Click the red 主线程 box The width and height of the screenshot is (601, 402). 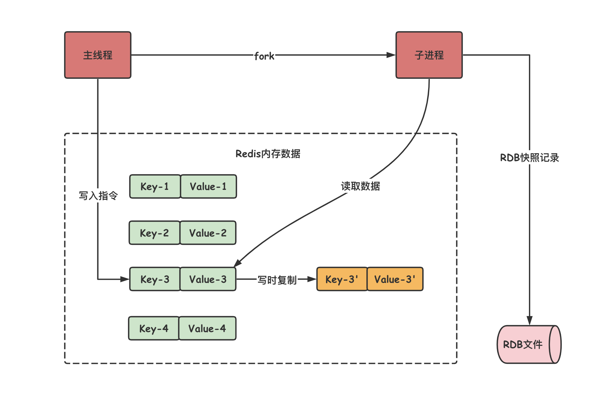98,55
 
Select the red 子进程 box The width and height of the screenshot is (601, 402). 429,55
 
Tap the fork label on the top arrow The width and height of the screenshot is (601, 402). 264,56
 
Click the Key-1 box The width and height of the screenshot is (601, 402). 155,187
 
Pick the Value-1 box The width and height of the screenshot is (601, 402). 208,187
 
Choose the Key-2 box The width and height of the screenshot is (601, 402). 154,233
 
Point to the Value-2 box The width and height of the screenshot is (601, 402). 208,233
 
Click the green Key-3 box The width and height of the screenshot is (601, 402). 155,279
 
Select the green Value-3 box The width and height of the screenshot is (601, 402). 208,279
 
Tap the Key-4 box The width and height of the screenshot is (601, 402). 154,328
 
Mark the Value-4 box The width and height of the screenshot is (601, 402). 207,328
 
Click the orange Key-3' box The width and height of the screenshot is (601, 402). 342,279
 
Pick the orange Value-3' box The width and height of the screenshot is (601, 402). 395,279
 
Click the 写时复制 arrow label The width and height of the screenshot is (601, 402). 277,280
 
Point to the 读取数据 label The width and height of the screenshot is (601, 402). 360,186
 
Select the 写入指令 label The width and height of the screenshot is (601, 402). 98,196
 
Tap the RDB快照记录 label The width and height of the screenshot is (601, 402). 530,158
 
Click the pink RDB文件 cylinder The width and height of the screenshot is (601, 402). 528,344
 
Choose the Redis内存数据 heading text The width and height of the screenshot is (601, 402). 268,154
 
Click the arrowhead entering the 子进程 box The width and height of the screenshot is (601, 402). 391,55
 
